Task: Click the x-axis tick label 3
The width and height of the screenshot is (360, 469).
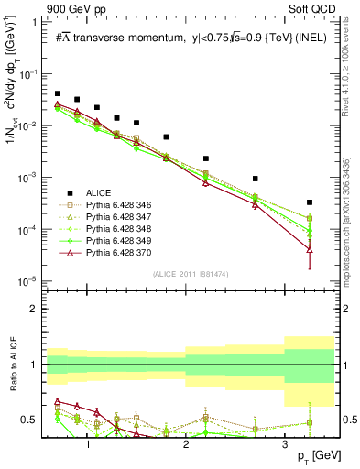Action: pyautogui.click(x=285, y=445)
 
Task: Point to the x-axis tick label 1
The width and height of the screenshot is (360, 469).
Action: pyautogui.click(x=88, y=445)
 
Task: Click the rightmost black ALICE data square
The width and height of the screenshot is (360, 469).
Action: pyautogui.click(x=310, y=202)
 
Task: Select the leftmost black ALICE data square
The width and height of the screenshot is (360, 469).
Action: pyautogui.click(x=58, y=93)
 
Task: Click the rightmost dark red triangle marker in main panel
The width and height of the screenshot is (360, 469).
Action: pyautogui.click(x=310, y=249)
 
